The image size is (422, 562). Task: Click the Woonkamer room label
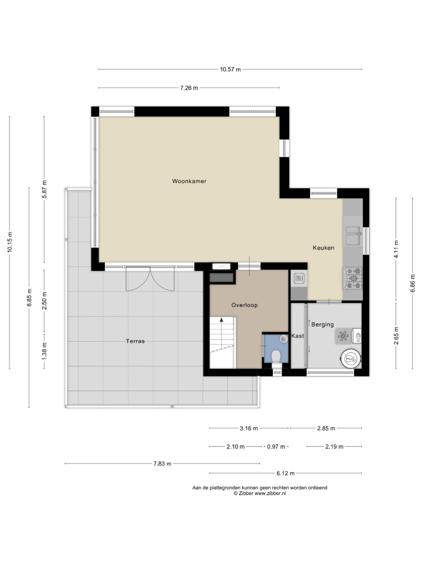pos(189,181)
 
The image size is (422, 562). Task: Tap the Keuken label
pos(324,248)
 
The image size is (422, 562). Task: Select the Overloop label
pos(244,305)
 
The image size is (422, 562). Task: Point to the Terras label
pos(135,341)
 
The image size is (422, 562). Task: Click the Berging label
pos(322,324)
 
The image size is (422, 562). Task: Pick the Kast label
pos(298,336)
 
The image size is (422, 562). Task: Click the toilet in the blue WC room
pos(276,356)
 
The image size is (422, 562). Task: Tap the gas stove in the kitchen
pos(353,278)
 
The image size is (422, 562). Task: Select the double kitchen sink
pos(353,235)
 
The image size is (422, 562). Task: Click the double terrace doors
pos(150,279)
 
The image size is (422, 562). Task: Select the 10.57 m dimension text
pos(230,70)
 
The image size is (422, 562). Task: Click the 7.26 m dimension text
pos(189,88)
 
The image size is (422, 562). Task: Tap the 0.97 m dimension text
pos(276,447)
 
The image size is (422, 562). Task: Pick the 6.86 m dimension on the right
pos(412,283)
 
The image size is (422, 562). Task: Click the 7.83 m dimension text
pos(162,464)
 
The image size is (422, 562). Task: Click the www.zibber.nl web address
pos(270,493)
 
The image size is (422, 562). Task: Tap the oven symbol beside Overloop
pos(299,278)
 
